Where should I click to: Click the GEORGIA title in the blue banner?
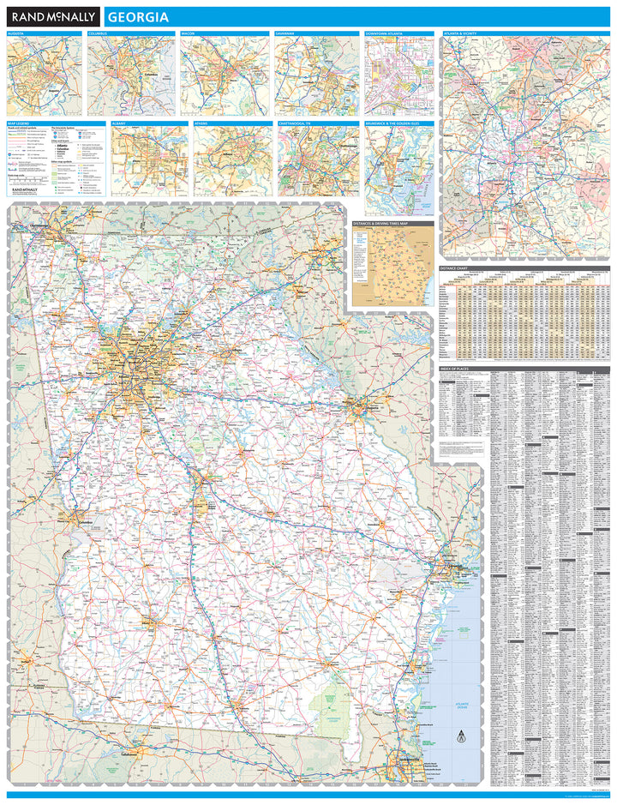pyautogui.click(x=138, y=17)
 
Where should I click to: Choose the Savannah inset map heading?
pyautogui.click(x=285, y=33)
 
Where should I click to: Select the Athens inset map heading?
pyautogui.click(x=201, y=123)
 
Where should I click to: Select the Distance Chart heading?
pyautogui.click(x=454, y=268)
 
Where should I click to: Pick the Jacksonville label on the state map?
pyautogui.click(x=409, y=760)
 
